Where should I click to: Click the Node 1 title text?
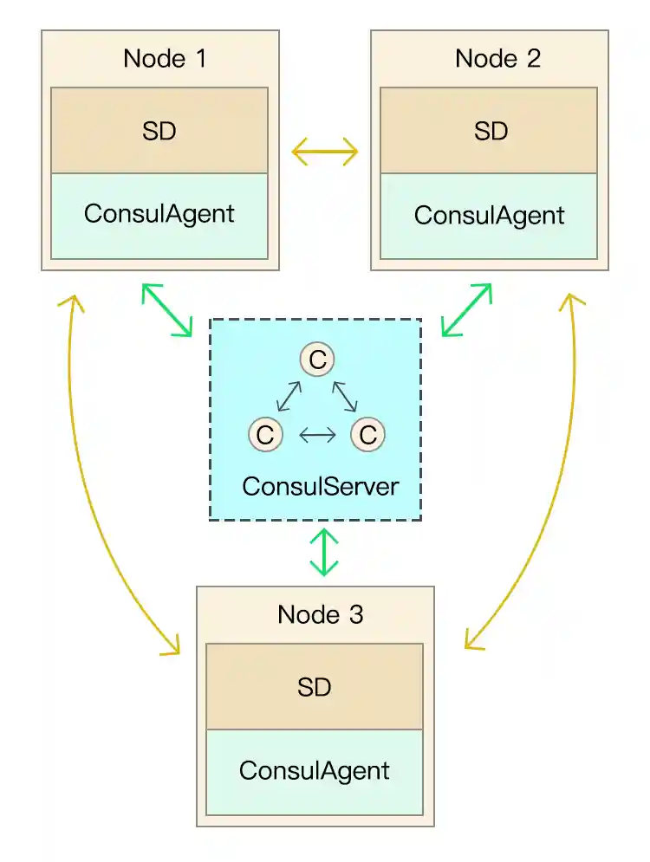click(x=166, y=59)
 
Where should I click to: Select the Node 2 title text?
click(x=497, y=59)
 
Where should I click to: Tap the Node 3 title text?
click(x=320, y=615)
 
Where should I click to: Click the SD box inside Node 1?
click(x=159, y=131)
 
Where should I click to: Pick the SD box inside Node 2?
click(x=490, y=131)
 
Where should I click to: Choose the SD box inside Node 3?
click(x=315, y=687)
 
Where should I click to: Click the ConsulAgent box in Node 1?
click(x=159, y=215)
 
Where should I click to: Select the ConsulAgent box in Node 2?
click(x=490, y=215)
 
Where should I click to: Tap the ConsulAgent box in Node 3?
click(x=315, y=770)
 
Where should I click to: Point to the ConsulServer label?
click(x=320, y=486)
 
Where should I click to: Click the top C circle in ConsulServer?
click(x=317, y=360)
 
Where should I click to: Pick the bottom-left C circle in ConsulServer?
click(x=265, y=434)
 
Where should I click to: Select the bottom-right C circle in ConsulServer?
click(x=367, y=434)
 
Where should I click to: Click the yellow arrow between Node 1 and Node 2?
click(x=324, y=152)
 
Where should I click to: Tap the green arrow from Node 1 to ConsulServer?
click(x=167, y=309)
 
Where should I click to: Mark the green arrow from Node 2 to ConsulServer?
click(x=466, y=309)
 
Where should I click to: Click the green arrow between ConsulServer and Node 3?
click(x=324, y=551)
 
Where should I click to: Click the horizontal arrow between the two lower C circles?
click(x=316, y=434)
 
